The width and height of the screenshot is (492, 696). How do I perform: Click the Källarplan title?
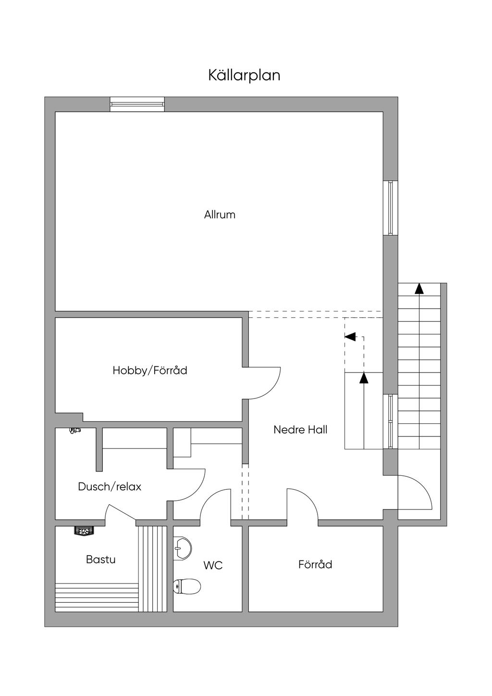244,75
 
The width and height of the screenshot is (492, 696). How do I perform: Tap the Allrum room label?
220,215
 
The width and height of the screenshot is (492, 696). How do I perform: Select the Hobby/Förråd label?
150,371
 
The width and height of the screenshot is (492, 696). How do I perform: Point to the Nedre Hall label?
300,430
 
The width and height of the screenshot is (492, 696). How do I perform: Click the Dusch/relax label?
110,486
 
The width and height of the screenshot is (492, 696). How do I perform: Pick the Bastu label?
100,559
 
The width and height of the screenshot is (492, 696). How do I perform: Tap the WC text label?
213,565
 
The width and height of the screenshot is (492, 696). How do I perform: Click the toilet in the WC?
187,586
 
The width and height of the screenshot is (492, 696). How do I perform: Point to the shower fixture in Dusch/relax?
74,430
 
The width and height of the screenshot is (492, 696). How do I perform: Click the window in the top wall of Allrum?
137,104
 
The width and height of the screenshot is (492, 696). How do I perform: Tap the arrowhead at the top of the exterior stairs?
419,288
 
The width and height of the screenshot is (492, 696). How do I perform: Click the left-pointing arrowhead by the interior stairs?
350,336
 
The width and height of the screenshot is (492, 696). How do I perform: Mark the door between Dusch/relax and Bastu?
121,512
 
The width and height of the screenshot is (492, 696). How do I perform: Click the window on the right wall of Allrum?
390,208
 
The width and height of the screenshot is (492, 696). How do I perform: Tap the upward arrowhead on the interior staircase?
364,377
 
